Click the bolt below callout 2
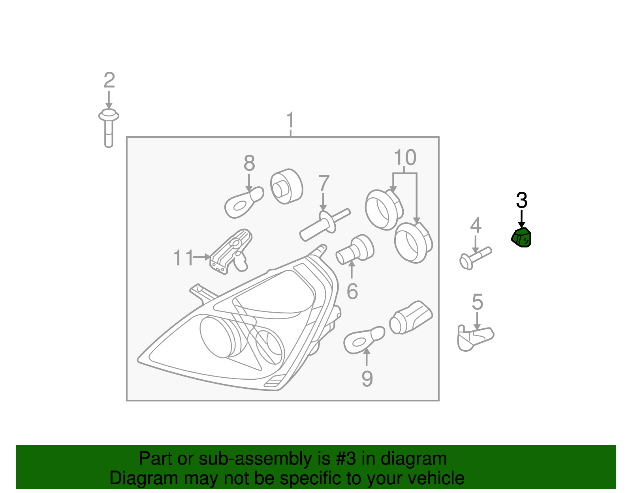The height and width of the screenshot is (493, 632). [x=109, y=128]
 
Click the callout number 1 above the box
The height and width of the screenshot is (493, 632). [x=290, y=120]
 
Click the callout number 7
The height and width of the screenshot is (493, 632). [x=324, y=183]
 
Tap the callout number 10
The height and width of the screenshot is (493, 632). [x=405, y=157]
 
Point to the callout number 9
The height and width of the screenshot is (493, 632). [x=367, y=379]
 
